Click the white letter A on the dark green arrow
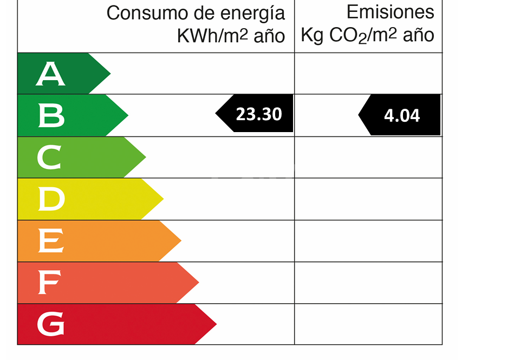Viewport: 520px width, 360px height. click(50, 74)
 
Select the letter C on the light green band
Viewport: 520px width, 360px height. click(50, 158)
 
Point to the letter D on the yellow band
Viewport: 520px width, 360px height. click(51, 199)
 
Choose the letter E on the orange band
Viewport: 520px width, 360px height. click(50, 241)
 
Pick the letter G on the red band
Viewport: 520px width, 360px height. click(50, 325)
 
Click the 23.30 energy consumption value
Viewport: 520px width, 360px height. click(259, 114)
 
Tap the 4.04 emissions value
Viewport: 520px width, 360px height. click(402, 115)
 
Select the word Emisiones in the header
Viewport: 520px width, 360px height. click(390, 12)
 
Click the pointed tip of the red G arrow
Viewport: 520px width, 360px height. click(216, 324)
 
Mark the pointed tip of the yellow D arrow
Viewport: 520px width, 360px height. click(163, 199)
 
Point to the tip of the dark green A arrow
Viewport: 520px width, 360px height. click(110, 74)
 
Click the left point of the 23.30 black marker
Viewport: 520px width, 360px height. click(216, 114)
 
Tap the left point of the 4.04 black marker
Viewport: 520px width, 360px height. click(359, 115)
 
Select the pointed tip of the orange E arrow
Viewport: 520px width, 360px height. click(181, 241)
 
